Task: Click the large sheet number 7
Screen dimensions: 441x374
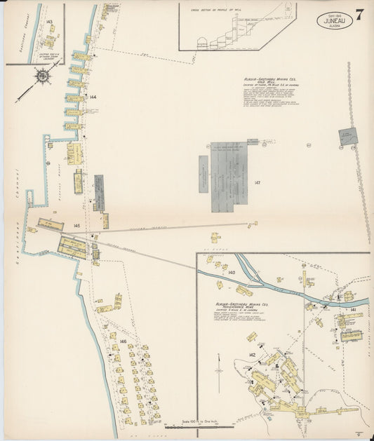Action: (x=359, y=15)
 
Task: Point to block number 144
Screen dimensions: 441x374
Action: (x=93, y=96)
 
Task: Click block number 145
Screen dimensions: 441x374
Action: (x=76, y=225)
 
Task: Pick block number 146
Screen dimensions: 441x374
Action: (x=123, y=341)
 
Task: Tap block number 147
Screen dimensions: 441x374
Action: (x=258, y=183)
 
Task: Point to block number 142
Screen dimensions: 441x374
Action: (x=251, y=356)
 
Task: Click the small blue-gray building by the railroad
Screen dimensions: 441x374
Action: (x=347, y=137)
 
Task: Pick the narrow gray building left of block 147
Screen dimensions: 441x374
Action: (x=203, y=175)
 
